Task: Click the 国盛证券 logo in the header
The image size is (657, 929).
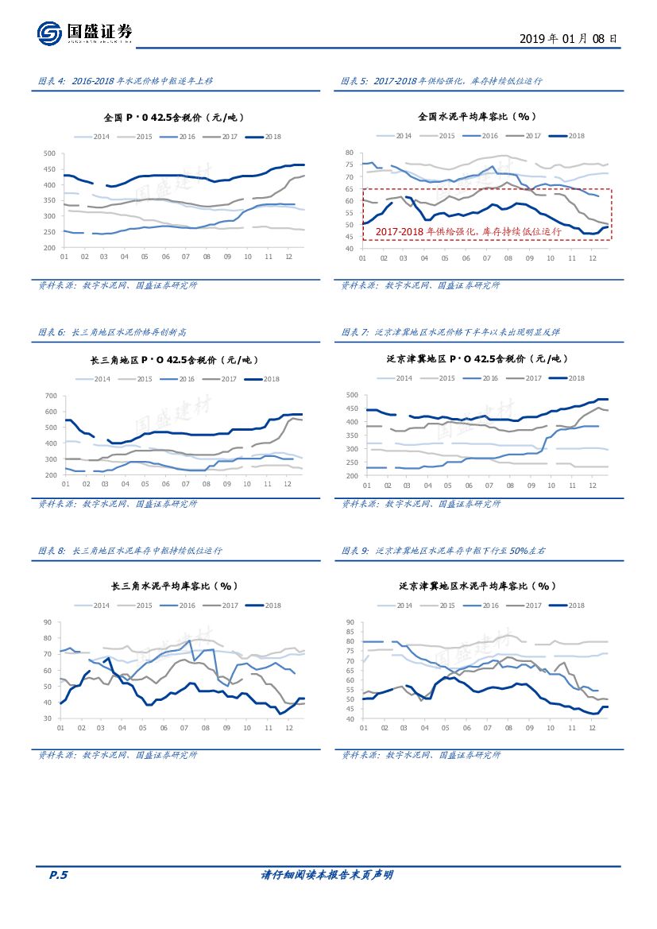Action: click(85, 33)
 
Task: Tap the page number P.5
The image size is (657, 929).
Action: click(58, 875)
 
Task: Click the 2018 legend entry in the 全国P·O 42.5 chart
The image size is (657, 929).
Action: click(265, 137)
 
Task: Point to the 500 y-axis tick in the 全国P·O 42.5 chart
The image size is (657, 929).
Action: click(49, 153)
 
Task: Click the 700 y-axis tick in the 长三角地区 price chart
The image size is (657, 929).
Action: click(49, 396)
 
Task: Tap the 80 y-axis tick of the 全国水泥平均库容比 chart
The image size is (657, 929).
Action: click(349, 153)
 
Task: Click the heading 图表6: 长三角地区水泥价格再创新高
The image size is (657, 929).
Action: click(112, 331)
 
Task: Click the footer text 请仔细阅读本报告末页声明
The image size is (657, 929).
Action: click(327, 875)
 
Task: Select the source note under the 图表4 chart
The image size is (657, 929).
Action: click(118, 285)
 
